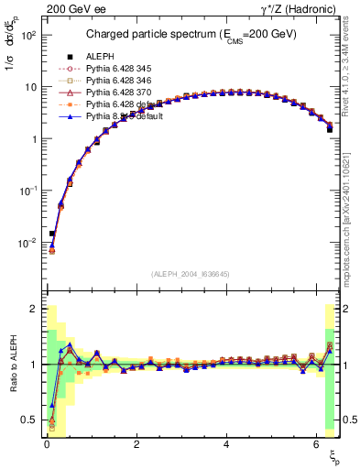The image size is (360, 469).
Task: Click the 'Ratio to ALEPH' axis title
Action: click(x=14, y=362)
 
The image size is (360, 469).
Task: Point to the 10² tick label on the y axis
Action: click(x=27, y=35)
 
